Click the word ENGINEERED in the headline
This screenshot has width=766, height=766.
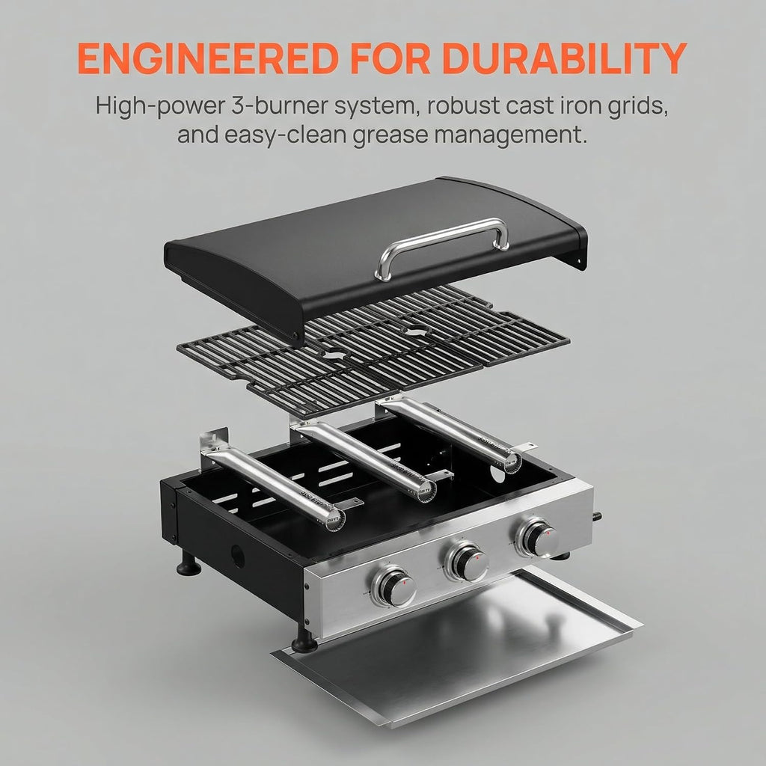(208, 58)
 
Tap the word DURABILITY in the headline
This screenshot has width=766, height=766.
(564, 58)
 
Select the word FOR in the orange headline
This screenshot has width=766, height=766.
(390, 58)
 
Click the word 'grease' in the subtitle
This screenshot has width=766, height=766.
(390, 135)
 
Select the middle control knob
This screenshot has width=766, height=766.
(467, 561)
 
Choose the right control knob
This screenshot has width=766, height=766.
(537, 537)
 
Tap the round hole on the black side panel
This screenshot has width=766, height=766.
(238, 557)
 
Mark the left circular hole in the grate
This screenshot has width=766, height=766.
(335, 354)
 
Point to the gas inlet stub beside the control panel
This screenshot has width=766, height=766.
(597, 517)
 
